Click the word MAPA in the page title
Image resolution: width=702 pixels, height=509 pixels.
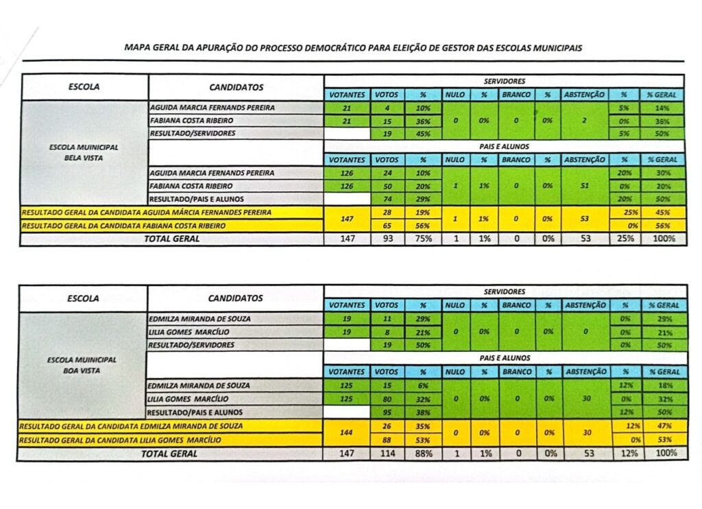click(134, 48)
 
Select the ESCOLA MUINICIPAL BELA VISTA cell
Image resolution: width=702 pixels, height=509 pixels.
click(84, 152)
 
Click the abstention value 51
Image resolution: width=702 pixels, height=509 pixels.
click(585, 186)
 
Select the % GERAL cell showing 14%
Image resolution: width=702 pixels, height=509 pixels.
click(662, 108)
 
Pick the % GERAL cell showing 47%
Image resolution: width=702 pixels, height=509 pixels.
click(662, 427)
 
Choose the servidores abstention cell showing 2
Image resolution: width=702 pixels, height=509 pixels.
click(585, 121)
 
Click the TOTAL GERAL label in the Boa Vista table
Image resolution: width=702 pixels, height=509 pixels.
click(169, 453)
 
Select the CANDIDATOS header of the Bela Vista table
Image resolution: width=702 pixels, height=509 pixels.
click(236, 87)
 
